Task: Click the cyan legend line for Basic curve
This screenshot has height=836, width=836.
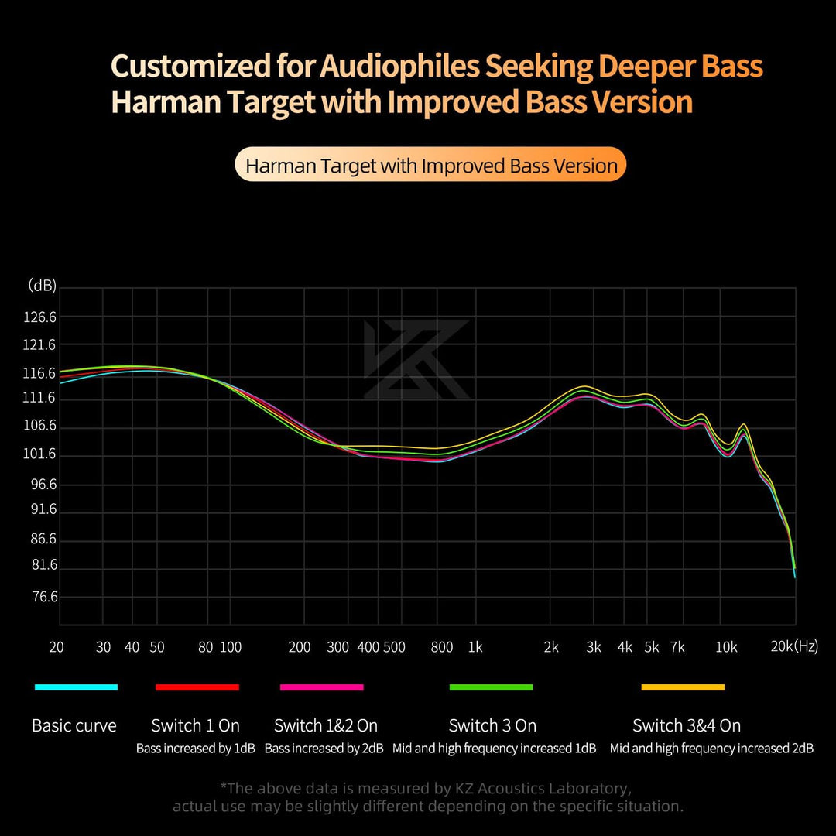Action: (76, 687)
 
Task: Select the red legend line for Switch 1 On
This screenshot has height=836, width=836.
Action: (197, 687)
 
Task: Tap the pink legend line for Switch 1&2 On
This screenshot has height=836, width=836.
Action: (321, 687)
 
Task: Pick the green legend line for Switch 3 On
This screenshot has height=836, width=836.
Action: (491, 687)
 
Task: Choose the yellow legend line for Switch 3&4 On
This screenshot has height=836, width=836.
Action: (683, 687)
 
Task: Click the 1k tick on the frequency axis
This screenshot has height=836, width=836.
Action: (475, 648)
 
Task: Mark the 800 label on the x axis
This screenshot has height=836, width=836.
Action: (441, 648)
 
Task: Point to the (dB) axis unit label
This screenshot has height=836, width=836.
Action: (42, 286)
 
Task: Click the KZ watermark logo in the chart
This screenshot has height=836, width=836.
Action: (417, 359)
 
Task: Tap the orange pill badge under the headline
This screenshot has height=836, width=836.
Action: (430, 165)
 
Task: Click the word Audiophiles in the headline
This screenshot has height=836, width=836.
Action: (399, 67)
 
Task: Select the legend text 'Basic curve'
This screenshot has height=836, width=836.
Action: (74, 726)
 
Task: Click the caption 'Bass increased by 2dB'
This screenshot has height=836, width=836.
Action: (324, 749)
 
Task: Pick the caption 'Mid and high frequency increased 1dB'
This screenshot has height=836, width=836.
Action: (494, 749)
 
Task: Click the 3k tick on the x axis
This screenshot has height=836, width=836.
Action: (594, 648)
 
